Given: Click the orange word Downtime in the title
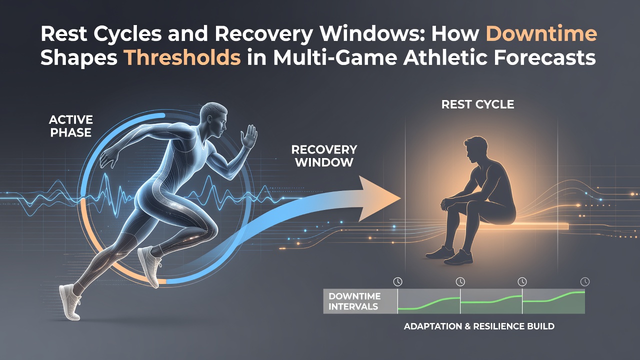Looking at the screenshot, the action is coord(541,34).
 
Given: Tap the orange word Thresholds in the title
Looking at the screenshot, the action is coord(183,57).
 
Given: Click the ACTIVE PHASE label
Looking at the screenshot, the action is coord(71,126).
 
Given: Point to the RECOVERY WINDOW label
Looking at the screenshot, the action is coord(324,156).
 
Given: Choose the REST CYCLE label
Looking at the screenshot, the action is coord(477,104).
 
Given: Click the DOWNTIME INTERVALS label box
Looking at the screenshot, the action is coord(360,301).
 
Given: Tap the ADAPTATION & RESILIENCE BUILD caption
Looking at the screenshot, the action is coord(479,326).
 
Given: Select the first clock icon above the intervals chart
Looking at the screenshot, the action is coord(397,281).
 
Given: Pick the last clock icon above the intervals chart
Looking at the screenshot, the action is coord(585,281).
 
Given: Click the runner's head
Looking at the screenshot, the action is coord(213,120).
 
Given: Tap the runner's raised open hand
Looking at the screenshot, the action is coord(249,136).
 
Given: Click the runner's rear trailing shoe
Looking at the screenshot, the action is coord(70,301).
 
